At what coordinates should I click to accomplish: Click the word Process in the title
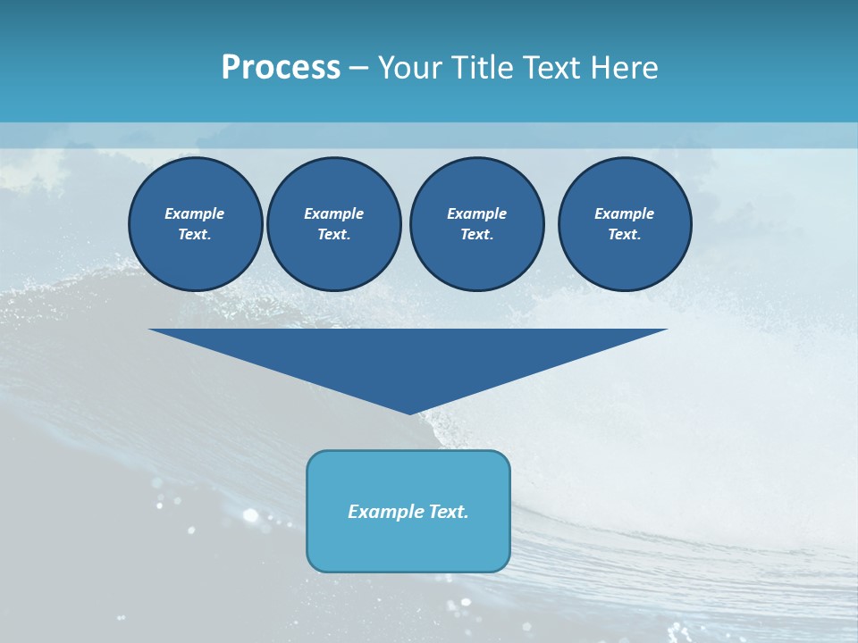281,67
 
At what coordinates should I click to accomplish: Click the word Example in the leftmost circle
195,213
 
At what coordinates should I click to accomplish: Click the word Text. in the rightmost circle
624,234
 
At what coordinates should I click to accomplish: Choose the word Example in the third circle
476,213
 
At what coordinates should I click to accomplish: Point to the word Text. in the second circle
333,234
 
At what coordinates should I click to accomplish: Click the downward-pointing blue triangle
408,357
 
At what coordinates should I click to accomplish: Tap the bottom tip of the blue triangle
409,412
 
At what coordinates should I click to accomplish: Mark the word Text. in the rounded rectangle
450,512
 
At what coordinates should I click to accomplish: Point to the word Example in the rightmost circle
624,213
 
